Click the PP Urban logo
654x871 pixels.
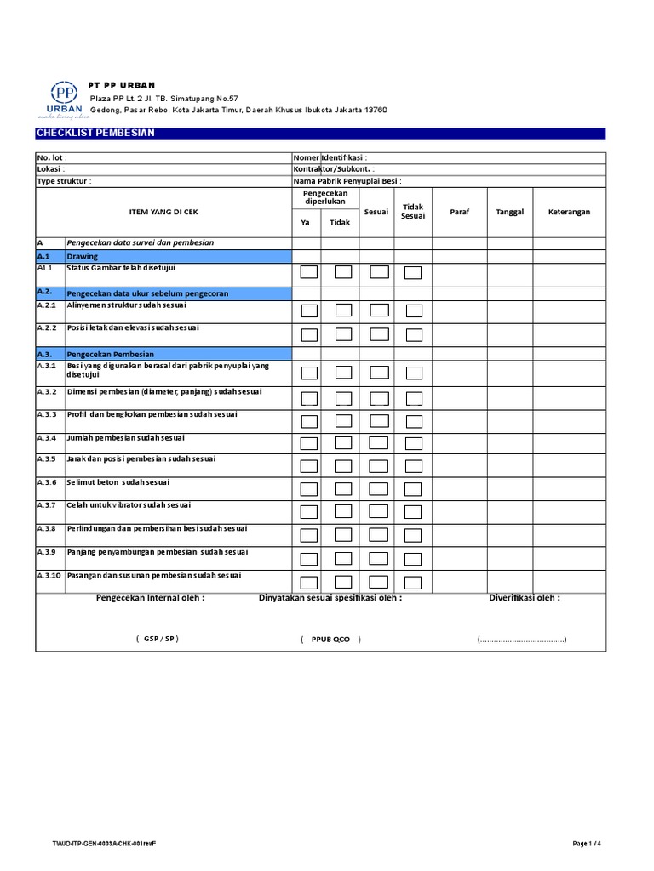[60, 100]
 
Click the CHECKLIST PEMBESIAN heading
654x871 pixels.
[95, 134]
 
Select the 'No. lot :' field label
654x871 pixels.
[52, 157]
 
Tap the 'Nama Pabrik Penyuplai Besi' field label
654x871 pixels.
[347, 181]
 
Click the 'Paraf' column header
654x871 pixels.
[460, 212]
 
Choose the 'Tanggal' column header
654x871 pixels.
[509, 212]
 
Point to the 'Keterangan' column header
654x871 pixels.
[569, 212]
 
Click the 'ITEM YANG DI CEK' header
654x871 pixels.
[163, 212]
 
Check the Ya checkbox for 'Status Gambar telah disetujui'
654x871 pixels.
[309, 272]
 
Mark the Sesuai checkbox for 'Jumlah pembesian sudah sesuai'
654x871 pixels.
[379, 444]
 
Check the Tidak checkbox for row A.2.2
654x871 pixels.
[342, 334]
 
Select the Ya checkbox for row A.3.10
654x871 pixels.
[309, 582]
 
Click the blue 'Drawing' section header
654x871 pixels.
[83, 256]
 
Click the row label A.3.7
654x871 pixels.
[46, 505]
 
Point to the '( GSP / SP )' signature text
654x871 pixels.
[158, 639]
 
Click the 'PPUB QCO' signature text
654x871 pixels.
[330, 639]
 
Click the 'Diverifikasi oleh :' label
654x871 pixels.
[524, 598]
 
